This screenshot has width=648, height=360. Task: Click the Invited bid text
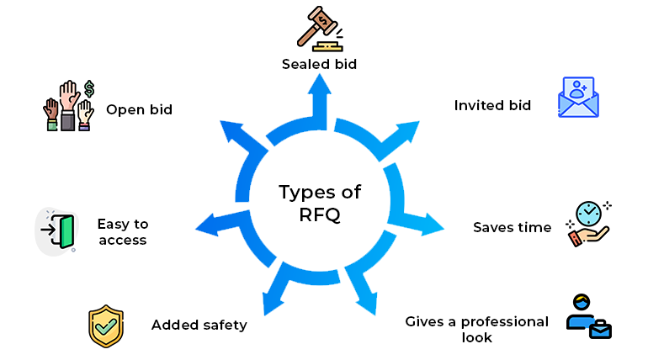(x=492, y=106)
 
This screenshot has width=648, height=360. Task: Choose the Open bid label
(x=139, y=109)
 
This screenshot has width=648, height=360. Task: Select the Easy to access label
(x=122, y=232)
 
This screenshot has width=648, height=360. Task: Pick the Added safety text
(x=199, y=325)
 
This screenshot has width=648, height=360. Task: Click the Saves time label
(x=512, y=227)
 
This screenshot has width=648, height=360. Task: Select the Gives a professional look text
(x=476, y=329)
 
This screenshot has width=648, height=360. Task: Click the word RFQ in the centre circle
(x=319, y=213)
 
